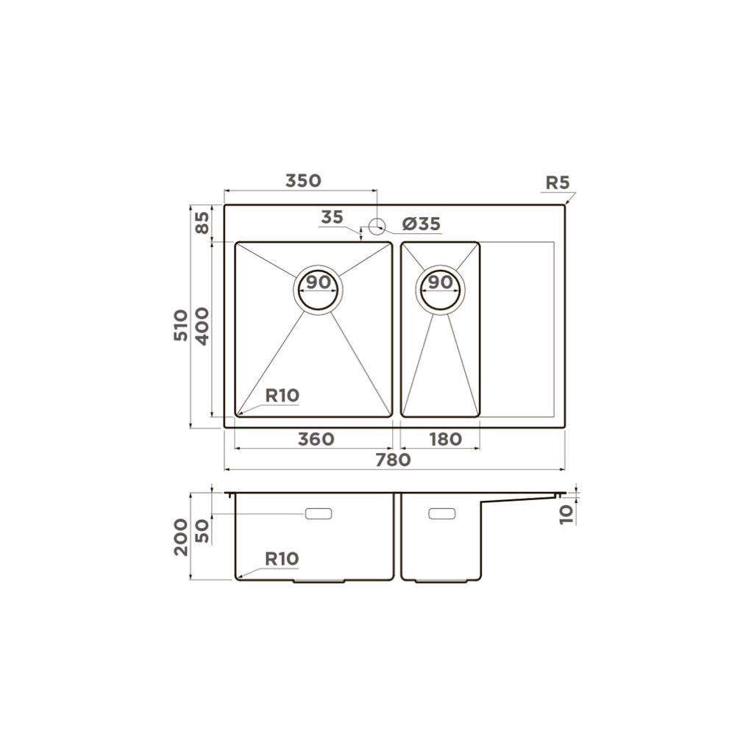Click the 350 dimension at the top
pos(303,180)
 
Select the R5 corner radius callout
pos(558,182)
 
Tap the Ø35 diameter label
pos(421,224)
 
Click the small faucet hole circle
pos(377,226)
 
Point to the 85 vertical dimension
pos(203,223)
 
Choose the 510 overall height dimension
pos(180,325)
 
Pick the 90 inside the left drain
pos(318,282)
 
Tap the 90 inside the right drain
pos(440,282)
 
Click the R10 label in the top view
pos(282,396)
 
